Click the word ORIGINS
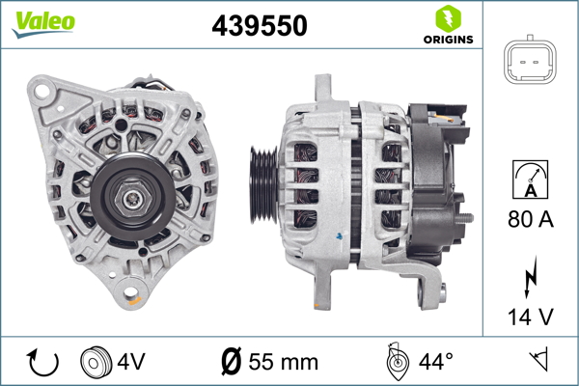(447, 41)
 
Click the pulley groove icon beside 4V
(95, 363)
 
